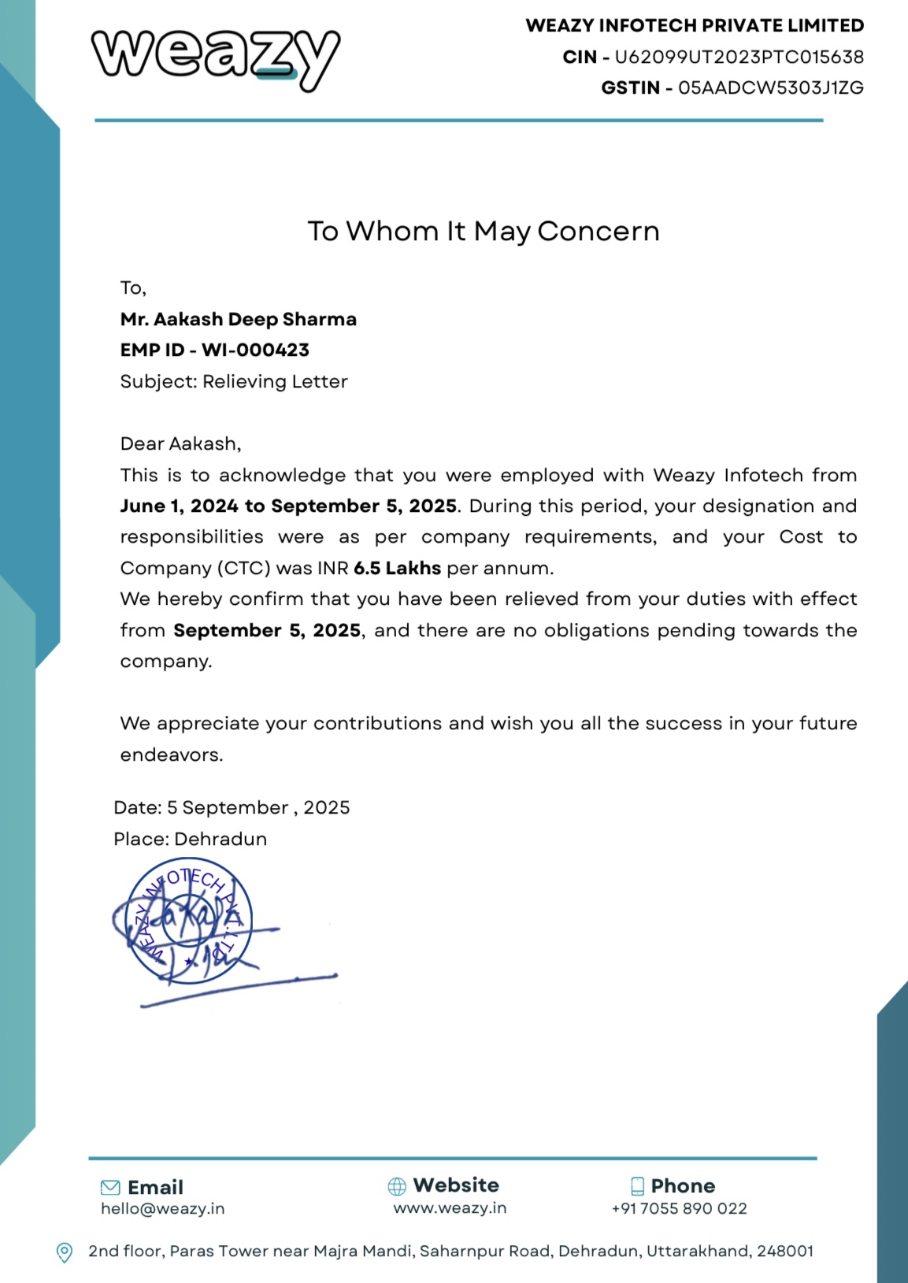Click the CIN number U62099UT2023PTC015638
coord(739,57)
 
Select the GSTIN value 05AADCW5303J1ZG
coord(770,88)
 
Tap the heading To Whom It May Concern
coord(483,232)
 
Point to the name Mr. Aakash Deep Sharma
coord(238,320)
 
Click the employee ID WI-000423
coord(255,350)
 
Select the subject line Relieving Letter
coord(275,382)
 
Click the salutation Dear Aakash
coord(180,444)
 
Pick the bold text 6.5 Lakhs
coord(397,569)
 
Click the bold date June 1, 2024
coord(179,506)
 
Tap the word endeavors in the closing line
coord(171,755)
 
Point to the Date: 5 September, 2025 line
coord(232,808)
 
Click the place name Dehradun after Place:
coord(221,840)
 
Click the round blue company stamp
coord(189,920)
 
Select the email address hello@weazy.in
coord(162,1209)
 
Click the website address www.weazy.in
coord(450,1208)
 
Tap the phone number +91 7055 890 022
coord(679,1209)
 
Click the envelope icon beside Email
coord(110,1188)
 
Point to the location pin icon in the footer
coord(65,1251)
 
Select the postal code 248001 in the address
coord(784,1251)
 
